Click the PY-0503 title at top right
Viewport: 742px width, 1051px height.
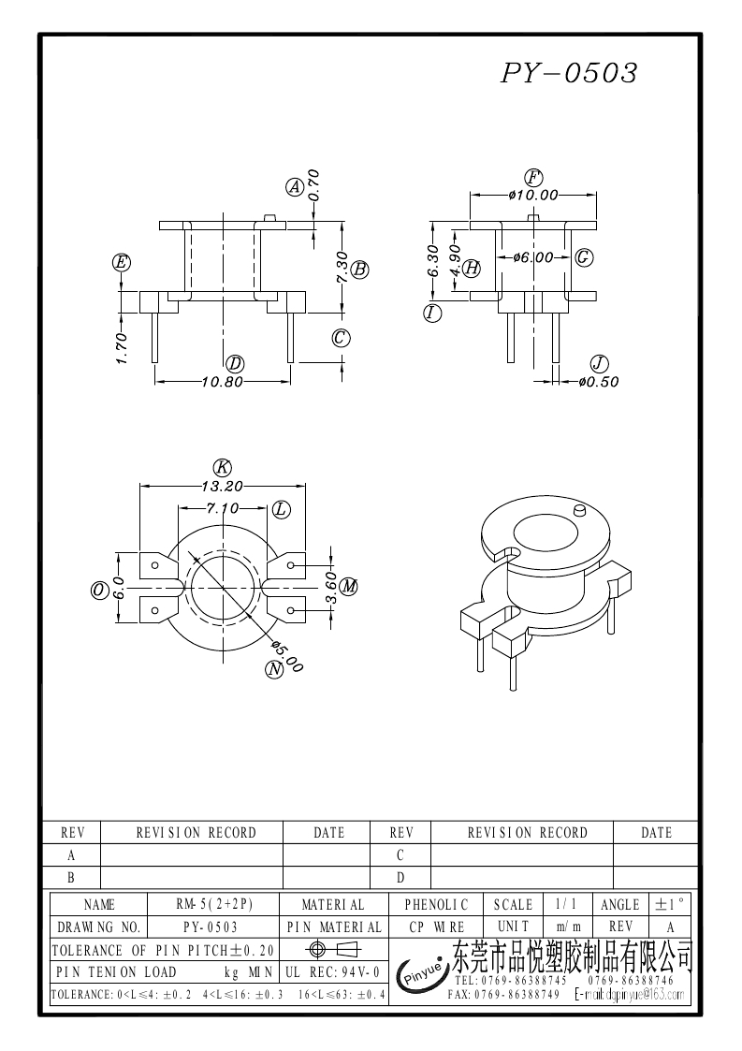570,73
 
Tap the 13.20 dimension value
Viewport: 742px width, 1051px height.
222,486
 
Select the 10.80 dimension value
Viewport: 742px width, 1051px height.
222,382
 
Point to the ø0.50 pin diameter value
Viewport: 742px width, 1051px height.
599,382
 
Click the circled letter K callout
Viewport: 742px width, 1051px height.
222,467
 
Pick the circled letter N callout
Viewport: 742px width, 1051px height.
274,668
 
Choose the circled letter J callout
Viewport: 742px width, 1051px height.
599,363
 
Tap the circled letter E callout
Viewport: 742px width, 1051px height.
121,262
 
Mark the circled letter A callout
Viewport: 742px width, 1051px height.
295,187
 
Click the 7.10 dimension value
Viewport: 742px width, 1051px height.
222,508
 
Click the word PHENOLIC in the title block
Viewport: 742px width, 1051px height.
436,905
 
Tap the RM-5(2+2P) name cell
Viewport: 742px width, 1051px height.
214,905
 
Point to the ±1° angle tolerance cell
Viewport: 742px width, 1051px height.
671,905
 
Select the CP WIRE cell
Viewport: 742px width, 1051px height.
436,927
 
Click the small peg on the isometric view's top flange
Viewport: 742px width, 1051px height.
577,511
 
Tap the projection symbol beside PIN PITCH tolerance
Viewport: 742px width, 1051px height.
333,949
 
